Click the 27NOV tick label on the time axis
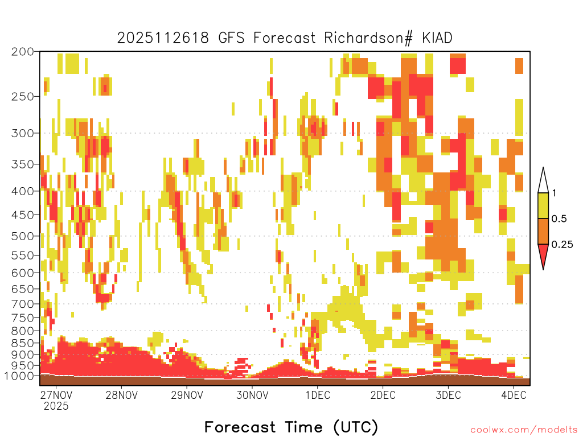pyautogui.click(x=56, y=395)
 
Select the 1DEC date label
pyautogui.click(x=318, y=395)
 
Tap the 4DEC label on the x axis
pyautogui.click(x=514, y=395)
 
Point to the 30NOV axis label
pyautogui.click(x=252, y=395)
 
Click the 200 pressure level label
pyautogui.click(x=23, y=52)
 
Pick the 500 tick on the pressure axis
pyautogui.click(x=23, y=236)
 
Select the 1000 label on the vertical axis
pyautogui.click(x=19, y=376)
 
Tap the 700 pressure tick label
pyautogui.click(x=23, y=304)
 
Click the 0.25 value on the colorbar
pyautogui.click(x=562, y=245)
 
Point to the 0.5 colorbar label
pyautogui.click(x=559, y=218)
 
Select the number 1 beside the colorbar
pyautogui.click(x=555, y=193)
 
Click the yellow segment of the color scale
pyautogui.click(x=543, y=205)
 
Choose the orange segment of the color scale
pyautogui.click(x=543, y=231)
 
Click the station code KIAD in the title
pyautogui.click(x=437, y=38)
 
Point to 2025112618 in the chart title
pyautogui.click(x=163, y=38)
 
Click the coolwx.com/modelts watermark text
pyautogui.click(x=524, y=430)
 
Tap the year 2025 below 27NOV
pyautogui.click(x=56, y=406)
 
